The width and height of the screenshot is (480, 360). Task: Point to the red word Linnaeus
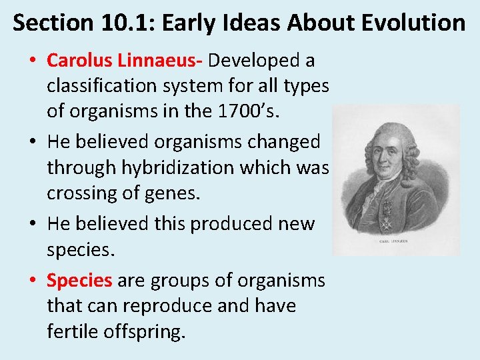click(x=159, y=61)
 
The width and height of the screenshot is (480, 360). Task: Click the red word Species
click(x=79, y=280)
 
